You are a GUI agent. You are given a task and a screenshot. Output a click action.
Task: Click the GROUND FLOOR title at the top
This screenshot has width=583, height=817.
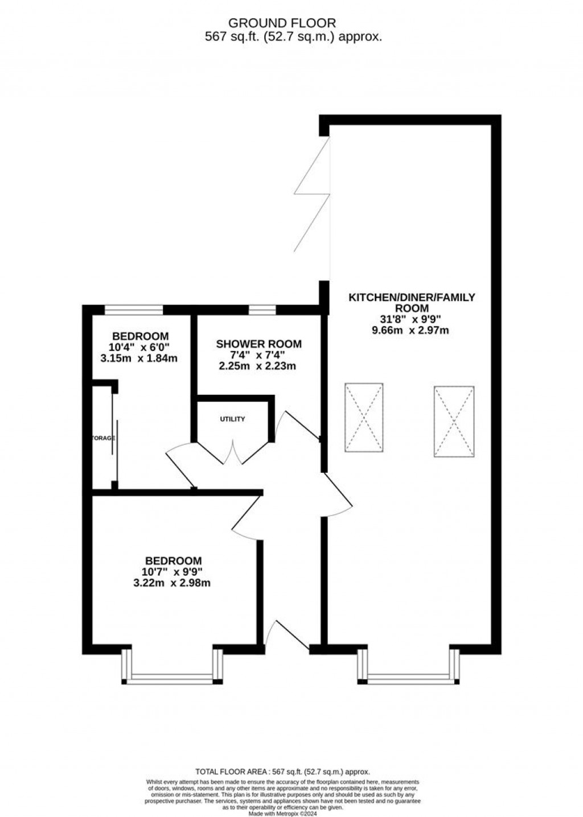point(282,23)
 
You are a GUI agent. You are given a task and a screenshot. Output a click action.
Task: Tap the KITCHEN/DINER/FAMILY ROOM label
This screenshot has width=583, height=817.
point(412,302)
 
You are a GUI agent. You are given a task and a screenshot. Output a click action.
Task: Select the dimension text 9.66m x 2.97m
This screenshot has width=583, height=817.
point(412,329)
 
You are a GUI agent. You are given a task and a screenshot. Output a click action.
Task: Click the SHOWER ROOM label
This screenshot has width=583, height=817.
point(258,344)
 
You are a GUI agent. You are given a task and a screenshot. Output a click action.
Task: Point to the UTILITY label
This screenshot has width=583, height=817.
point(232,419)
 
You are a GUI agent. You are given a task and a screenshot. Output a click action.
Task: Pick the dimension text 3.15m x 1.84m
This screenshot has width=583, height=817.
point(139,358)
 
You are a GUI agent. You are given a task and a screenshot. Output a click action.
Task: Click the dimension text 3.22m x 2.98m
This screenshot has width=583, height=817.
point(172,583)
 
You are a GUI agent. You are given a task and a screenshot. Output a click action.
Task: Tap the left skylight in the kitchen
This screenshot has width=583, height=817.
point(363,418)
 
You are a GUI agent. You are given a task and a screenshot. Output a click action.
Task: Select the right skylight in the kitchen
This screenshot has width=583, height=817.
point(454,422)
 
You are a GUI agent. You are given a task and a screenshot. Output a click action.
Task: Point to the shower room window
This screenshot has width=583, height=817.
point(262,310)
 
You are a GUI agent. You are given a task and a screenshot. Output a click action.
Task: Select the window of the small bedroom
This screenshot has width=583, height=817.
point(134,310)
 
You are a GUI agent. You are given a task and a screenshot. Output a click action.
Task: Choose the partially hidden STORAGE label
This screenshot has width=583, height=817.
point(104,438)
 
